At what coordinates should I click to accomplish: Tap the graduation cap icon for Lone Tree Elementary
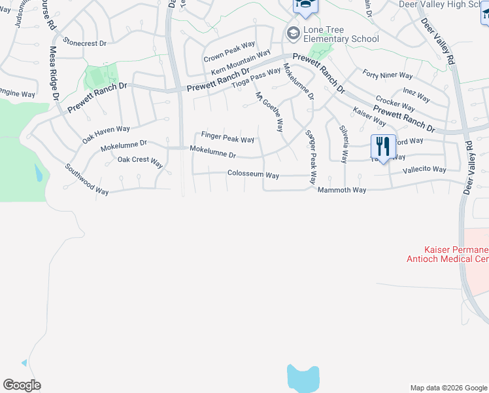coord(292,32)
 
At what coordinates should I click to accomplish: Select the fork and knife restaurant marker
coord(383,146)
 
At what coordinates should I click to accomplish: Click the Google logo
coord(22,385)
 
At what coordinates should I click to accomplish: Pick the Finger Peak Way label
coord(228,138)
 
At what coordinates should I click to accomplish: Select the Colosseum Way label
coord(253,175)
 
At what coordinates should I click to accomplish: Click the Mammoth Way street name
coord(342,189)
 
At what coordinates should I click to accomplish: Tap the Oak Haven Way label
coord(106,134)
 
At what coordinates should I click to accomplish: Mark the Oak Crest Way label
coord(140,160)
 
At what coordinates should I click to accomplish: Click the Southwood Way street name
coord(87,179)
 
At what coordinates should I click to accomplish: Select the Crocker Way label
coord(396,104)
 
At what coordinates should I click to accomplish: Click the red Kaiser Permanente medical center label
coord(456,254)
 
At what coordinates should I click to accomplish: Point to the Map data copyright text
coord(448,388)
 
